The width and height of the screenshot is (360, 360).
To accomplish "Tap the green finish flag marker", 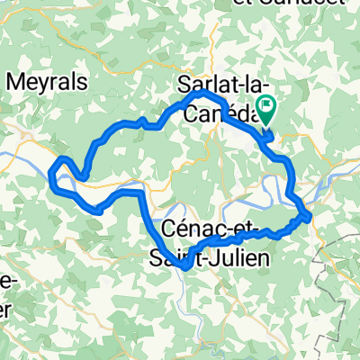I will [x=267, y=110].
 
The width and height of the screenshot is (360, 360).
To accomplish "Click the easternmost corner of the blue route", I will [x=310, y=215].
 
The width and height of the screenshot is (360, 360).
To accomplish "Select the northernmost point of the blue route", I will [x=203, y=94].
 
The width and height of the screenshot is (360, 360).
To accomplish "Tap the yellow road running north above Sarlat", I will [x=214, y=45].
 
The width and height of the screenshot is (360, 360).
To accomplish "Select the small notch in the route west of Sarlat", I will [x=140, y=121].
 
